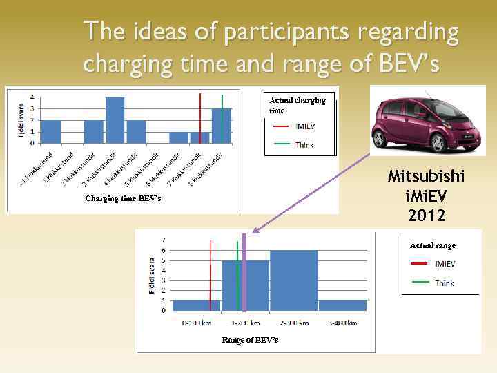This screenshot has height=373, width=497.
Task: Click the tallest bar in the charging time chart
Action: (x=115, y=120)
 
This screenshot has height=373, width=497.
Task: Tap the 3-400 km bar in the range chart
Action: (x=342, y=305)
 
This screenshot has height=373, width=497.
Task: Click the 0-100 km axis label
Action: (x=196, y=323)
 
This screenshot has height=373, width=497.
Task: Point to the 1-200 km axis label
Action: (x=244, y=323)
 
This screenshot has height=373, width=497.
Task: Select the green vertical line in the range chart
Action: (x=237, y=273)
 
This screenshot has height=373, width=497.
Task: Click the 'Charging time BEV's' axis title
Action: (x=123, y=199)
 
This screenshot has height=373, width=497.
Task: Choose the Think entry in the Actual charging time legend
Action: (x=304, y=145)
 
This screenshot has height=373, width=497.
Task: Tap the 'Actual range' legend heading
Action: (x=433, y=245)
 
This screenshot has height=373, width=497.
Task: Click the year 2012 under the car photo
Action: (x=426, y=216)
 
